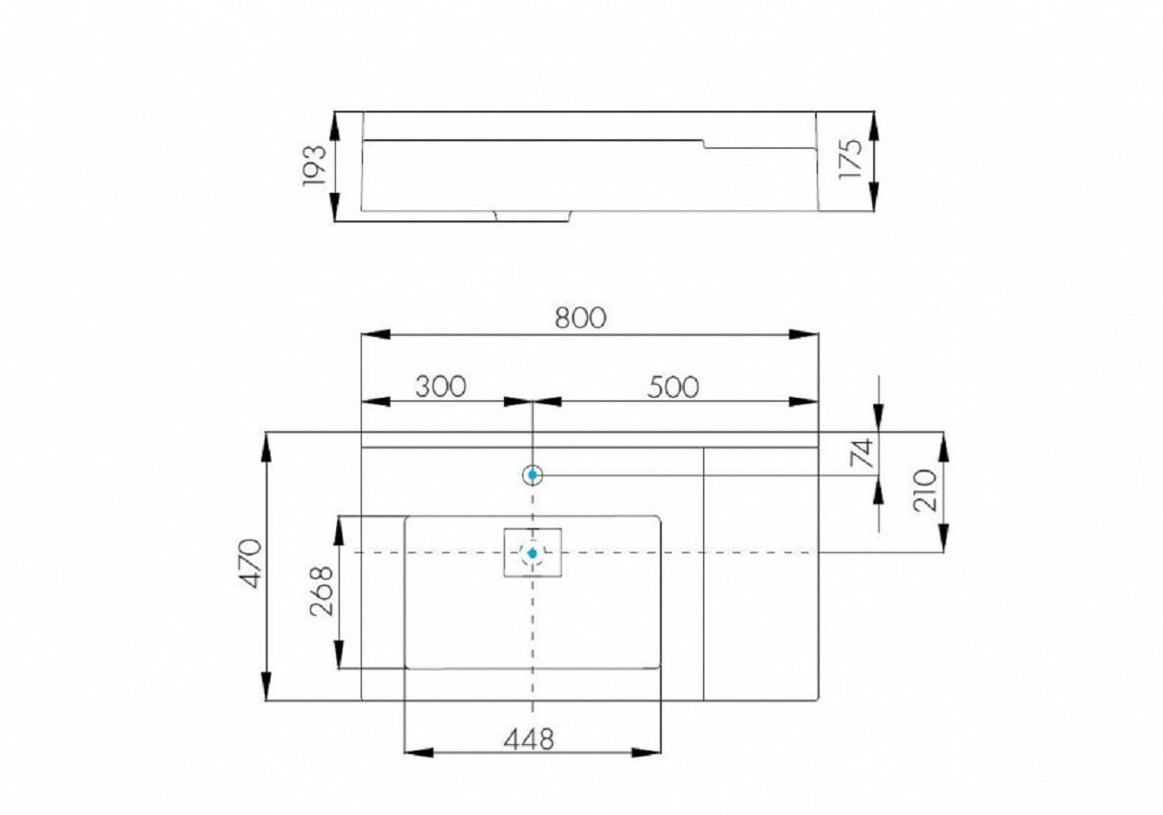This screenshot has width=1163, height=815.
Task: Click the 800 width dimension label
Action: click(x=581, y=318)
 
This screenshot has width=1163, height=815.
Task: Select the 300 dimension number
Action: click(x=441, y=386)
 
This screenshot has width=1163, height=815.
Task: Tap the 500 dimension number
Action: click(x=673, y=388)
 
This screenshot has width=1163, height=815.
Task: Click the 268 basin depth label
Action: click(x=321, y=591)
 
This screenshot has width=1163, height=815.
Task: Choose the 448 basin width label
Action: click(x=529, y=739)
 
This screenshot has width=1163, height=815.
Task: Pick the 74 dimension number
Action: click(x=862, y=453)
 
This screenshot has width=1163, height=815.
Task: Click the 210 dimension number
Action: click(x=925, y=490)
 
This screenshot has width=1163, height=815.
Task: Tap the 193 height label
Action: click(x=314, y=165)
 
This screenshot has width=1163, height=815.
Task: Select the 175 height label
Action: click(x=850, y=159)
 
